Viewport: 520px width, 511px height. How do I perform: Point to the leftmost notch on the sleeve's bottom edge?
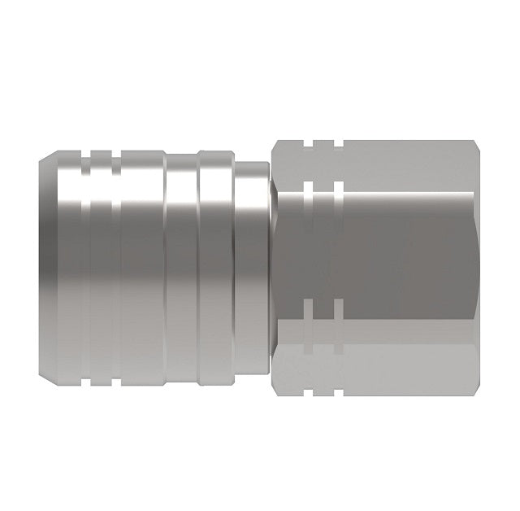(97, 359)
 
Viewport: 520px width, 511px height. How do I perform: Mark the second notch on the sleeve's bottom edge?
(115, 359)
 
